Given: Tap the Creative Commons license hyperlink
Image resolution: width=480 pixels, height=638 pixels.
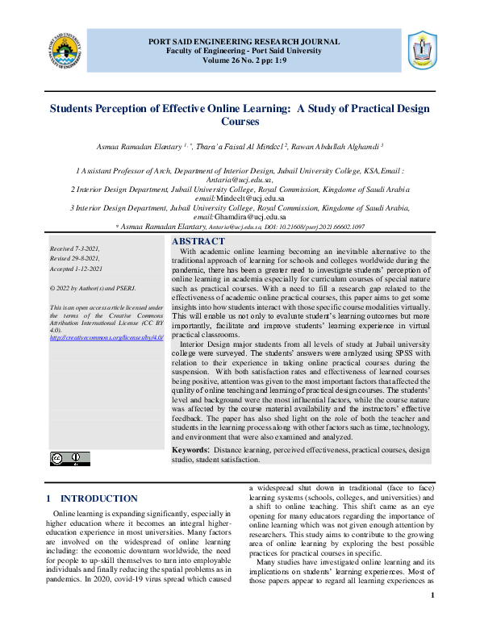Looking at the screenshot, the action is pos(106,336).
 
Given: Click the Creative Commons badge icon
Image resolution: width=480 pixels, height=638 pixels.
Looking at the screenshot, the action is pos(69,458).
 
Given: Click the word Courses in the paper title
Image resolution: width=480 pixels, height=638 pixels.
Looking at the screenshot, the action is pos(240,122).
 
